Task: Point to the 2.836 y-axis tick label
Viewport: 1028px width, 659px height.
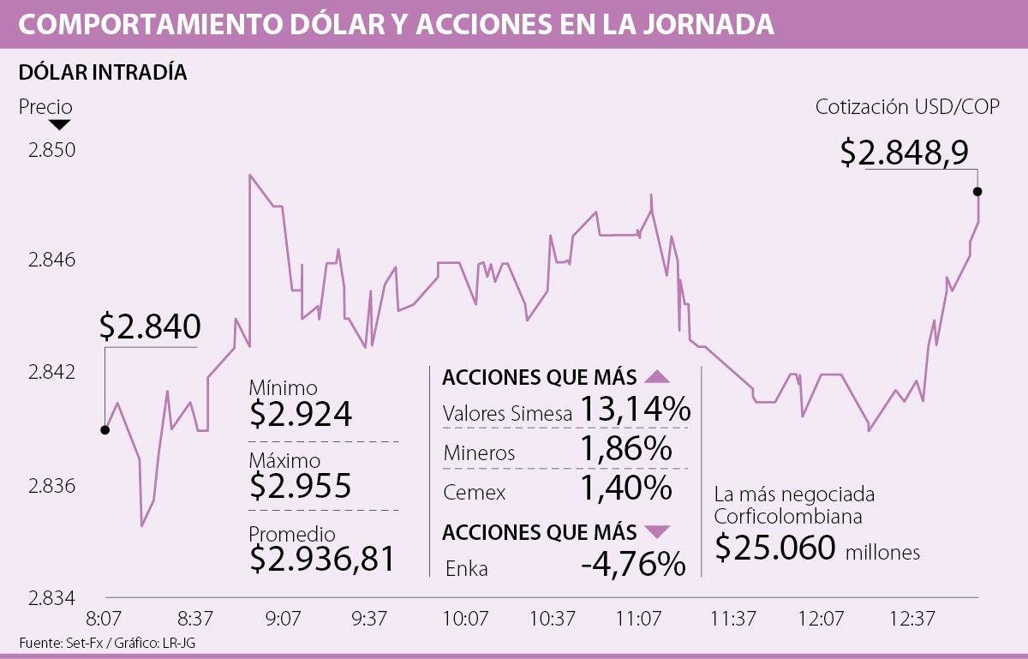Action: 52,486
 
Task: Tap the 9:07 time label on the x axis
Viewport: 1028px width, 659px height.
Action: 283,618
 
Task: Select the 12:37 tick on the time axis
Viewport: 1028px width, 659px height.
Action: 911,618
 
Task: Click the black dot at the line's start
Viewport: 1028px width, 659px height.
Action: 105,429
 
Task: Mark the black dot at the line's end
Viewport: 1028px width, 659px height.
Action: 977,191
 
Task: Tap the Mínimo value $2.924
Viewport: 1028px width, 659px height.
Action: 301,414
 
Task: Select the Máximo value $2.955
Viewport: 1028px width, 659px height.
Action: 301,486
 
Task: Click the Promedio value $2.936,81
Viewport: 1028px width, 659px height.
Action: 323,559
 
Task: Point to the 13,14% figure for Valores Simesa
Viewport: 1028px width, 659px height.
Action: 635,410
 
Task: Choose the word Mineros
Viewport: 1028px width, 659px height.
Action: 479,453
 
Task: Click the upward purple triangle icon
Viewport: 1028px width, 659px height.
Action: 657,377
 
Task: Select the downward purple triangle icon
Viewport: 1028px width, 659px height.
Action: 657,532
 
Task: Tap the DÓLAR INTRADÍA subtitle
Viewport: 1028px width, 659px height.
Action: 103,73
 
